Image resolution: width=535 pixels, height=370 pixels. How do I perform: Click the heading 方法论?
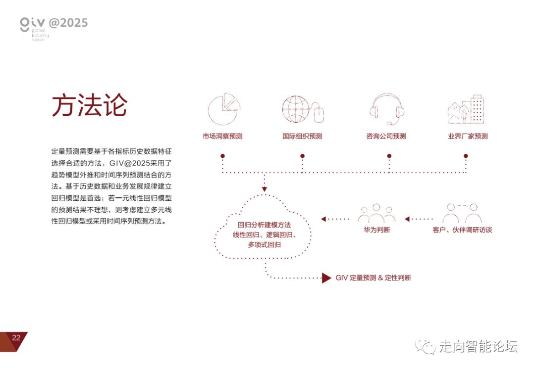[x=90, y=105]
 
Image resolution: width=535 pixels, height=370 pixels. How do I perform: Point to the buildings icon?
[x=466, y=109]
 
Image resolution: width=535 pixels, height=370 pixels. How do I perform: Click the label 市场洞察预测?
[x=222, y=136]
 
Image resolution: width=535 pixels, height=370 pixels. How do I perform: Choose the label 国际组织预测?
[x=302, y=136]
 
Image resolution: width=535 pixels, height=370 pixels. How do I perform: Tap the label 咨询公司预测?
[x=386, y=136]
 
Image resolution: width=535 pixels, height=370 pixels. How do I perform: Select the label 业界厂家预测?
[x=468, y=136]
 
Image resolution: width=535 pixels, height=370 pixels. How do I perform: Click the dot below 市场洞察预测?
[x=223, y=156]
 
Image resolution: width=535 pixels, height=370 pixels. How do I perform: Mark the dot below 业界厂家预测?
[x=466, y=156]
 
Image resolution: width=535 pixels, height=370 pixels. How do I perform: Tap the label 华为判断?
[x=376, y=230]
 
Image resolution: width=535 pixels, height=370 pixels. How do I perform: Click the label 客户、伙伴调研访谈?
[x=462, y=230]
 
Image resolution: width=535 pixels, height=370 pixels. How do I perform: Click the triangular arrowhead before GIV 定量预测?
[x=326, y=277]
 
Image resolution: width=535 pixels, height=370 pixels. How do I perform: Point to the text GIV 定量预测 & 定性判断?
[x=373, y=278]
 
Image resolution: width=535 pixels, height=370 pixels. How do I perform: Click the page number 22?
[x=16, y=338]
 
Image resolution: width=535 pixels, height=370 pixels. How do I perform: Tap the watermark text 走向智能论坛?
[x=478, y=347]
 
